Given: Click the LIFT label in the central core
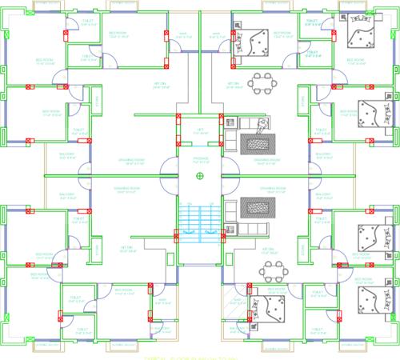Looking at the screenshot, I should pyautogui.click(x=199, y=130).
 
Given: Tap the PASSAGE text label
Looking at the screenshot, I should pyautogui.click(x=199, y=159).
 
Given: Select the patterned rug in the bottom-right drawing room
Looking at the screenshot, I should pyautogui.click(x=256, y=206).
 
